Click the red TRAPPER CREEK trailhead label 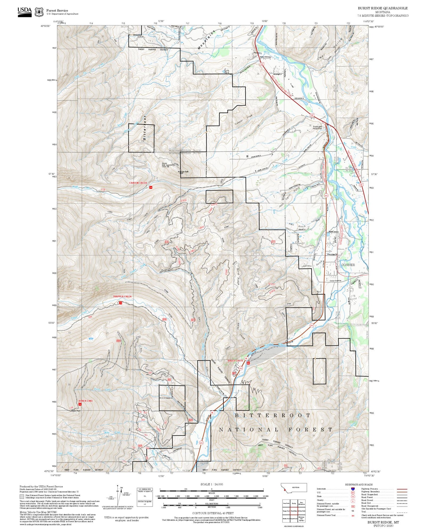(x=122, y=296)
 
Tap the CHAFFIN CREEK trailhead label (x=138, y=183)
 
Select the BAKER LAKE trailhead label (x=85, y=401)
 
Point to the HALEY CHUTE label (x=235, y=361)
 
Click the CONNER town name (x=348, y=265)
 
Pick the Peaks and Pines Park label (x=318, y=128)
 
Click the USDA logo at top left (x=24, y=11)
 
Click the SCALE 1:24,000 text (x=211, y=484)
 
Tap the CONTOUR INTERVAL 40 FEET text (x=211, y=513)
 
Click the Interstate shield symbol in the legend (x=353, y=489)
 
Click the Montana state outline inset (x=294, y=488)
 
